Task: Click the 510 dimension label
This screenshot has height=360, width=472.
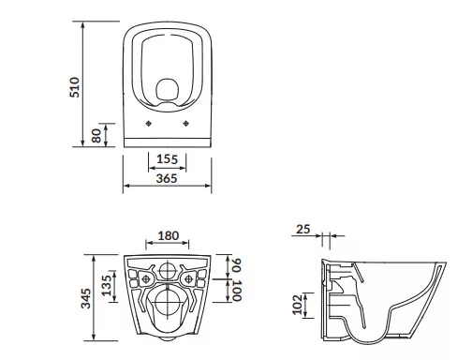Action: point(75,87)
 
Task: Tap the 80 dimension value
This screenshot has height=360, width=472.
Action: point(96,136)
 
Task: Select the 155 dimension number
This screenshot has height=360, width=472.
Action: point(167,159)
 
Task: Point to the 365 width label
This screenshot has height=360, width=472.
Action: point(167,178)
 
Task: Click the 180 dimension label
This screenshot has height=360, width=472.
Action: point(169,235)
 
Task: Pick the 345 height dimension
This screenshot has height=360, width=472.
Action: point(86,298)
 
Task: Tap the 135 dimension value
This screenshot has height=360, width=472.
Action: point(107,285)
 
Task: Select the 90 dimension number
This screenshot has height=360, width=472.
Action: point(237,265)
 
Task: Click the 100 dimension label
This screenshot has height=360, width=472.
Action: point(237,291)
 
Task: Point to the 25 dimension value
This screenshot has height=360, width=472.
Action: point(303,229)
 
